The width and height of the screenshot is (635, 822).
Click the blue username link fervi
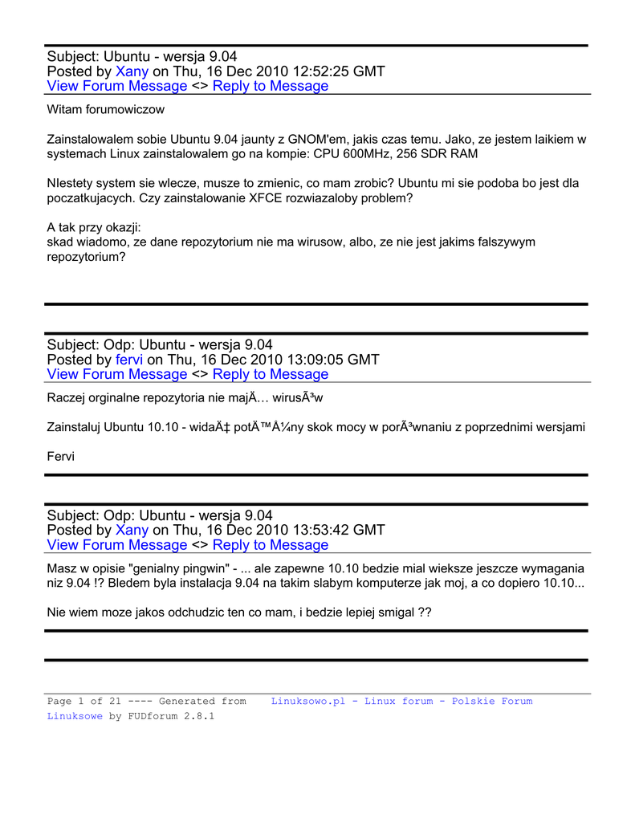[x=129, y=360]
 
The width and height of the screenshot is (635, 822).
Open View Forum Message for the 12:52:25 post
[x=117, y=86]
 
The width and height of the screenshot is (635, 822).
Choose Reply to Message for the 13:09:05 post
[x=271, y=374]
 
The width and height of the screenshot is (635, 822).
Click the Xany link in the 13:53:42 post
[x=132, y=530]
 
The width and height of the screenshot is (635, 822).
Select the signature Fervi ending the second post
[x=60, y=456]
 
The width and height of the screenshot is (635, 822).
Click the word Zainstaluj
[x=74, y=427]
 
